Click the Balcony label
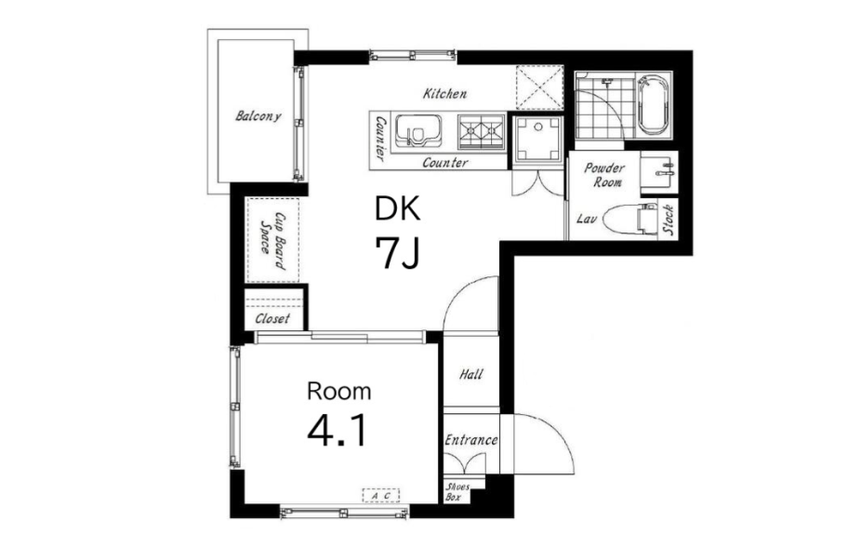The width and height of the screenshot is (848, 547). (x=258, y=115)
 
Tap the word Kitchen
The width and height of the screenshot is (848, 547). (x=444, y=94)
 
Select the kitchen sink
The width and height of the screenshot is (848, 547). (x=417, y=131)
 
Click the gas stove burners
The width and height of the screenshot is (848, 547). (x=482, y=131)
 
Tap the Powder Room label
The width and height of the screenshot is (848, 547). (x=605, y=175)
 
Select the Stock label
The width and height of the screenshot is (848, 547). (x=669, y=220)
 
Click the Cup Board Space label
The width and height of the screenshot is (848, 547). (x=272, y=240)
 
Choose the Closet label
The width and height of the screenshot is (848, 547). (x=272, y=319)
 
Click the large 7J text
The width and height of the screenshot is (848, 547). (x=398, y=254)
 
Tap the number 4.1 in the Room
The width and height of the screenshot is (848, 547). (x=338, y=431)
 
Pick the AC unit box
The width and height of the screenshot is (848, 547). (x=380, y=495)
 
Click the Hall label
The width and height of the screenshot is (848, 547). (x=471, y=374)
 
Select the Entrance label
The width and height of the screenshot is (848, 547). (x=471, y=440)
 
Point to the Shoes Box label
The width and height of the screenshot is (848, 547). (x=457, y=491)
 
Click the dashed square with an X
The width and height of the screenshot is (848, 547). (x=539, y=87)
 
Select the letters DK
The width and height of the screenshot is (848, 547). (x=398, y=208)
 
